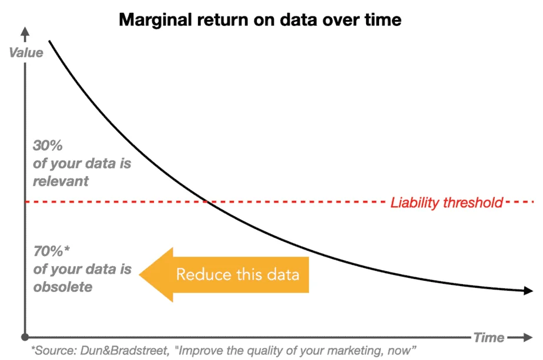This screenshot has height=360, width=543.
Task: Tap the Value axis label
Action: (x=26, y=53)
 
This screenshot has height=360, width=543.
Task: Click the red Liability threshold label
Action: (x=447, y=203)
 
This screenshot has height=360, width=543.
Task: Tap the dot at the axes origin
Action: (x=25, y=337)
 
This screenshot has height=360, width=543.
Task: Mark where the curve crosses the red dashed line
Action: (x=206, y=202)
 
